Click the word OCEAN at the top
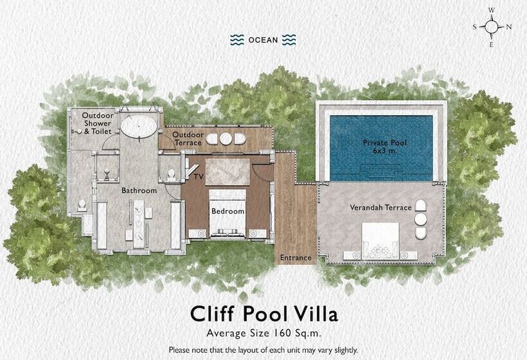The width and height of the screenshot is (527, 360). pyautogui.click(x=263, y=40)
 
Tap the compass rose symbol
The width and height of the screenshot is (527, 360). pyautogui.click(x=492, y=26)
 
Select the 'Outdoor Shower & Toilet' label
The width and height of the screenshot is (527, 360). pyautogui.click(x=98, y=123)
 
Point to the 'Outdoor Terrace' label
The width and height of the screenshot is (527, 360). pyautogui.click(x=189, y=138)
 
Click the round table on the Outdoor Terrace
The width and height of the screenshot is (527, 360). pyautogui.click(x=226, y=138)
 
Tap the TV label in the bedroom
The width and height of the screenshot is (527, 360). pyautogui.click(x=199, y=175)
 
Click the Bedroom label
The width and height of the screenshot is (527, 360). pyautogui.click(x=228, y=211)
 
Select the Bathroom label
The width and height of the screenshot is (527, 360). pyautogui.click(x=139, y=191)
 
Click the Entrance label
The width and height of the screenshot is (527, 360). pyautogui.click(x=296, y=258)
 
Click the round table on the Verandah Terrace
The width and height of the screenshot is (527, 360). pyautogui.click(x=422, y=219)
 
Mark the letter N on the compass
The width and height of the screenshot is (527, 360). pyautogui.click(x=509, y=27)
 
